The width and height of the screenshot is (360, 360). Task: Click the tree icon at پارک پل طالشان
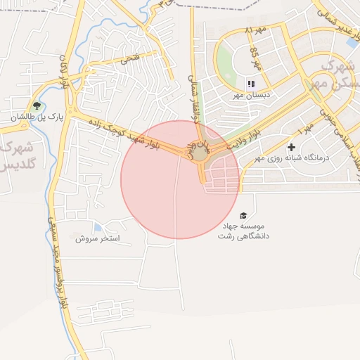click(37, 107)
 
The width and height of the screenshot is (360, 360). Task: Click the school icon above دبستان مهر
click(251, 84)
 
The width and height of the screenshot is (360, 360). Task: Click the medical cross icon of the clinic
click(292, 148)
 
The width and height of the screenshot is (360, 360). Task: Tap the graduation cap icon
click(243, 215)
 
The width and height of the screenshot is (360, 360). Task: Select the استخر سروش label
click(100, 239)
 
